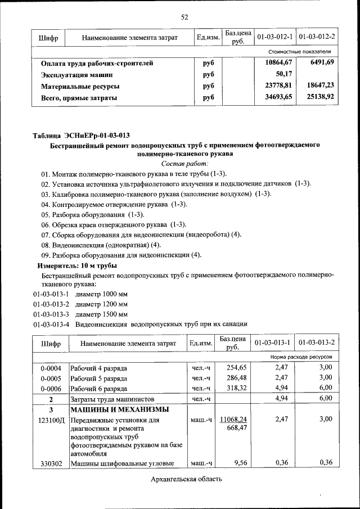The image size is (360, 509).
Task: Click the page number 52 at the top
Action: point(183,17)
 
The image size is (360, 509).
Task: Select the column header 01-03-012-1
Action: point(275,37)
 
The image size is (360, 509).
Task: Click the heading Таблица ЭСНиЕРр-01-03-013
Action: point(81,135)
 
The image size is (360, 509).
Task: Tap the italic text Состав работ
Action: point(184,164)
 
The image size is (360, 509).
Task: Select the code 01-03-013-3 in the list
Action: point(51,314)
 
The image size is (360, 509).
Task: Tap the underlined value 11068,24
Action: point(233,419)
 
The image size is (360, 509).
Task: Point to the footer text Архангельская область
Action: point(187,479)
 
